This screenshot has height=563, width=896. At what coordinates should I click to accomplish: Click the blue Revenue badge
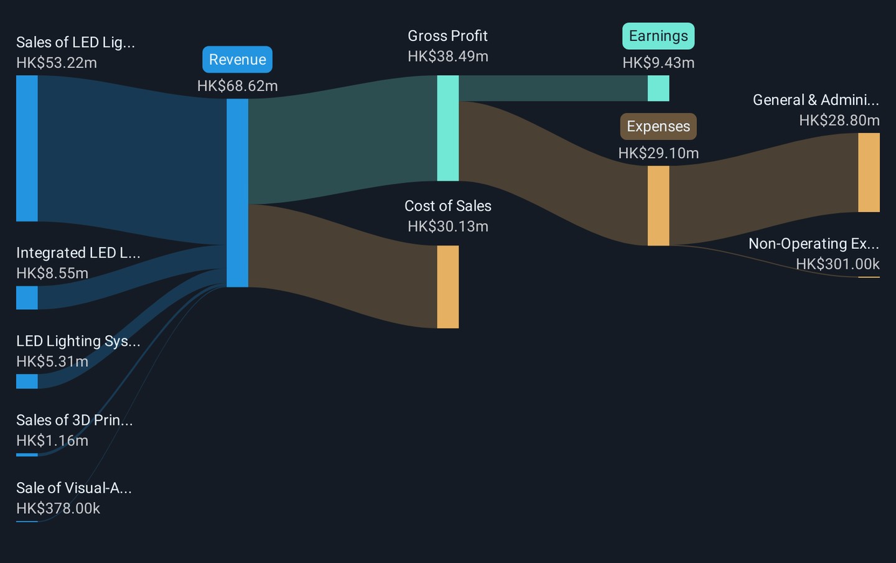pos(237,60)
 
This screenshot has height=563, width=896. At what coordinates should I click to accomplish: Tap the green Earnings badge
pos(658,36)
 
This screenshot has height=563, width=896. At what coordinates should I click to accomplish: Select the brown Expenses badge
pos(658,126)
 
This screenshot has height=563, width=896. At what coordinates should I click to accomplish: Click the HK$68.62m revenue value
pos(237,86)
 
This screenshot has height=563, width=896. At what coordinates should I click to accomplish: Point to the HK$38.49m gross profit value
pos(447,57)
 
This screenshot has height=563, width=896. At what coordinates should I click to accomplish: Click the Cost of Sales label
pos(447,206)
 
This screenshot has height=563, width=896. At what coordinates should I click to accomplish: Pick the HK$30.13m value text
pos(447,226)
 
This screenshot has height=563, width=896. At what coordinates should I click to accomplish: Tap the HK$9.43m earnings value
pos(658,63)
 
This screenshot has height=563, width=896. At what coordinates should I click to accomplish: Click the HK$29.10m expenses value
pos(658,153)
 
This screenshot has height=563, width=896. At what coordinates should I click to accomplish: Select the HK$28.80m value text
pos(839,120)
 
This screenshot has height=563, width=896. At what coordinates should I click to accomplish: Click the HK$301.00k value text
pos(838,264)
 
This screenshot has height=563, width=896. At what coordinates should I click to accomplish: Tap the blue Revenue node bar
pos(237,193)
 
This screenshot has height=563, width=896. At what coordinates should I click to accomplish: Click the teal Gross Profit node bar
pos(447,128)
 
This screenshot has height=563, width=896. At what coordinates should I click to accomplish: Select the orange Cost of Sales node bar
pos(447,287)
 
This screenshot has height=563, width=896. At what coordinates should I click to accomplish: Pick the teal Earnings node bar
pos(658,88)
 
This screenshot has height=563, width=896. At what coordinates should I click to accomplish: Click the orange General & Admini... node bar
pos(869,172)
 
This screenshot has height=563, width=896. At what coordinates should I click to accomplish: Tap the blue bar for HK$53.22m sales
pos(27,148)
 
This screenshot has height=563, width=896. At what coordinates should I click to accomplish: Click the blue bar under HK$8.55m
pos(27,297)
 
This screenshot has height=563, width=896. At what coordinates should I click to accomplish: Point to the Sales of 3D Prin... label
pos(74,420)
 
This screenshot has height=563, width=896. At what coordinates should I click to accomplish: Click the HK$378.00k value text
pos(58,508)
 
